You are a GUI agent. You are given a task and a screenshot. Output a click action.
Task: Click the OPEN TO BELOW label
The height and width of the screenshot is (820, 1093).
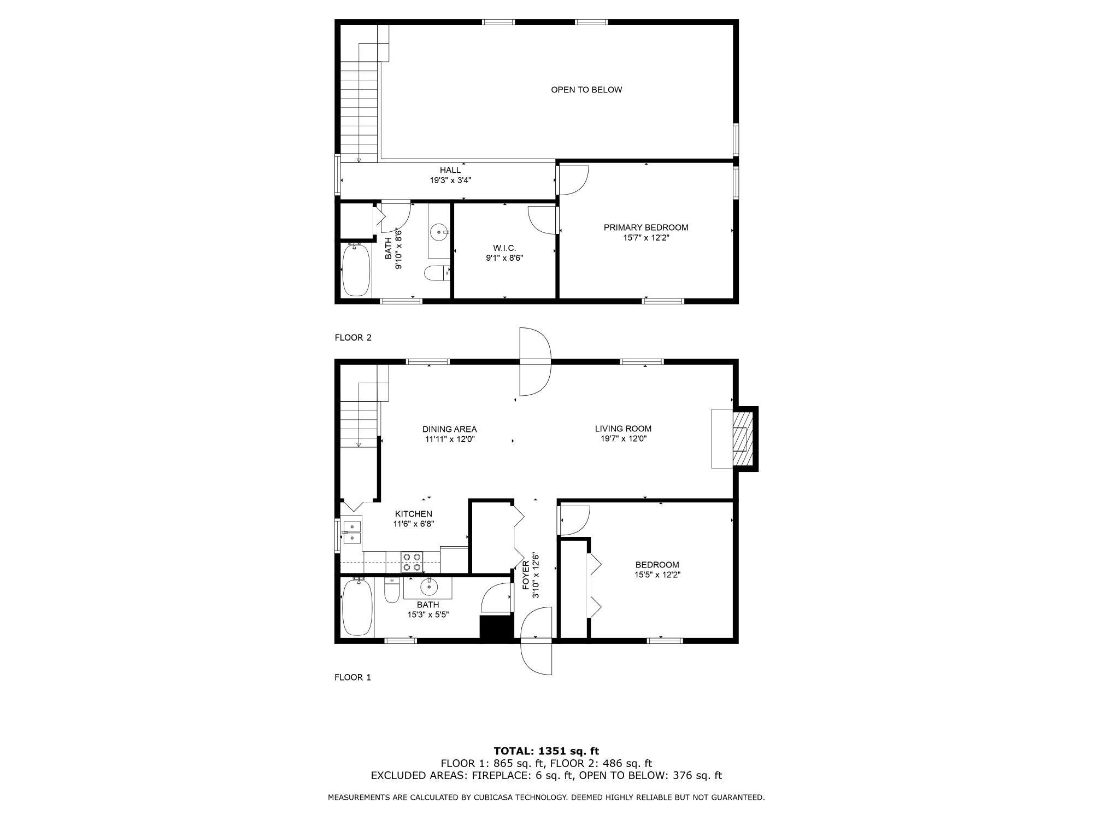click(x=586, y=90)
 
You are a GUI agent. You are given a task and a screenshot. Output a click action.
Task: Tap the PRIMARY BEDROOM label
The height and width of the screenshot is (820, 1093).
click(x=645, y=227)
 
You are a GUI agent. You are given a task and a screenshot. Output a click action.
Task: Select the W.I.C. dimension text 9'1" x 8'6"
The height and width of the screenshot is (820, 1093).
click(x=504, y=258)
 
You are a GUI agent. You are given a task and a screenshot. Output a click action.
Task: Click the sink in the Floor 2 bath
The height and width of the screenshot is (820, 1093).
click(x=439, y=232)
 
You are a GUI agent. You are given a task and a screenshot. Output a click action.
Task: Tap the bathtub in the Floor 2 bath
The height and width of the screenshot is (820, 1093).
click(x=356, y=271)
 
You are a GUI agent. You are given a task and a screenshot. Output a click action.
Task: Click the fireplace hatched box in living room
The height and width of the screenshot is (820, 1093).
click(x=742, y=438)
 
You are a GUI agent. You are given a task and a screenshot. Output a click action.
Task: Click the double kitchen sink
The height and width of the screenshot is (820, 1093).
click(x=352, y=532)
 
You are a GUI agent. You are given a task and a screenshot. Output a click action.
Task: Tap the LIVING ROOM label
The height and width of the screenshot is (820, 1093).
click(x=623, y=429)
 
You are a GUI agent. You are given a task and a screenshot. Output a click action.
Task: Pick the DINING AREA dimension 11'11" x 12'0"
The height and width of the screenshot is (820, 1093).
click(x=449, y=439)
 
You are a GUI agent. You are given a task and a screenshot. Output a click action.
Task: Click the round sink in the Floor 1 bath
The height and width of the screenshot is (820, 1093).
click(x=428, y=587)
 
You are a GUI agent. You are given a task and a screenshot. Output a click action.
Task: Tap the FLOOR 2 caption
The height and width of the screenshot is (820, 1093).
click(x=352, y=337)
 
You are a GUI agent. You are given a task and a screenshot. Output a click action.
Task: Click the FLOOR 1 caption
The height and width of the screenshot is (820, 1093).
click(x=352, y=677)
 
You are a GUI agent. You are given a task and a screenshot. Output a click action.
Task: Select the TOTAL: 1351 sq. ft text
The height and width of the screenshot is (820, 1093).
click(x=546, y=751)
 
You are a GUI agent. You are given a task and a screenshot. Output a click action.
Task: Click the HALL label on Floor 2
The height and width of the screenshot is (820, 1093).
click(x=450, y=170)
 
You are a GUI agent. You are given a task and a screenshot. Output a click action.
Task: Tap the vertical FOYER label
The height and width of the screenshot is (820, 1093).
click(x=526, y=576)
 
